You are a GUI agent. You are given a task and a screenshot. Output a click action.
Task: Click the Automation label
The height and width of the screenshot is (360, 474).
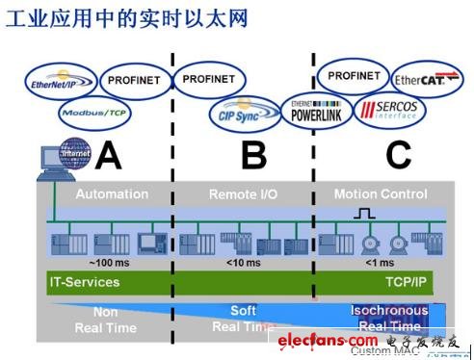(x=112, y=194)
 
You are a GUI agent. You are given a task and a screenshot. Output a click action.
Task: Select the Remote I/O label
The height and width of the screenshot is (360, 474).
(x=242, y=194)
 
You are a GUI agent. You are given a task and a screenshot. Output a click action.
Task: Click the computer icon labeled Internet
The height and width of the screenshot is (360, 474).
(x=57, y=160)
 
